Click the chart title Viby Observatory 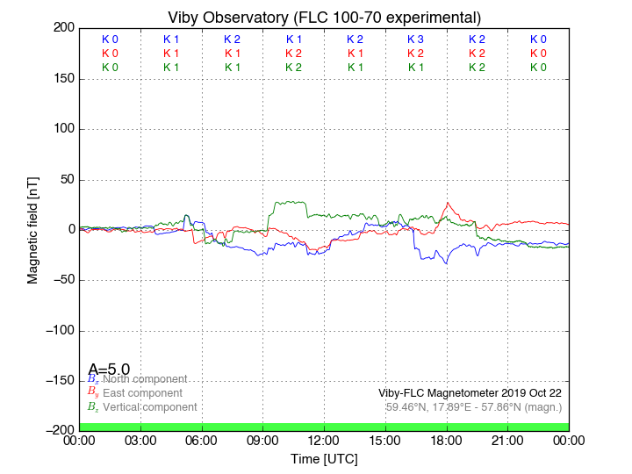tap(324, 18)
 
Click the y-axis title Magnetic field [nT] tap(32, 228)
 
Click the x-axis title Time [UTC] tap(324, 458)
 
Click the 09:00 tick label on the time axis tap(263, 440)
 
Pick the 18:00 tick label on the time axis tap(447, 440)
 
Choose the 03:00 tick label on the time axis tap(140, 440)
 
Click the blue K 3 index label tap(415, 39)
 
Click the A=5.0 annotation tap(109, 370)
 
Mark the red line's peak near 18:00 tap(448, 204)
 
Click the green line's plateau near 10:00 tap(290, 204)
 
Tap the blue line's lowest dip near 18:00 tap(446, 262)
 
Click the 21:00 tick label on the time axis tap(508, 440)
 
